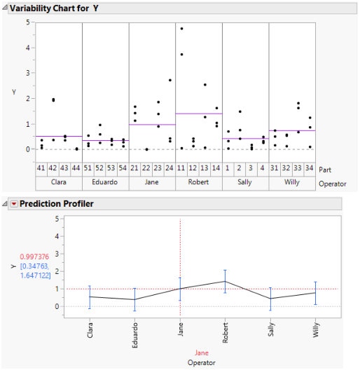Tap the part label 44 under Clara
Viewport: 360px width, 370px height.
click(76, 169)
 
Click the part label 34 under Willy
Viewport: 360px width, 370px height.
click(310, 169)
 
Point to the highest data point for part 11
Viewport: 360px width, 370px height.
click(182, 29)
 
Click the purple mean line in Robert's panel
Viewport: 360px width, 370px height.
click(199, 114)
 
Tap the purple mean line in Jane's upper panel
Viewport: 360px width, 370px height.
click(152, 125)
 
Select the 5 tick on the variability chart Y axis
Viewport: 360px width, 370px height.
click(28, 22)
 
